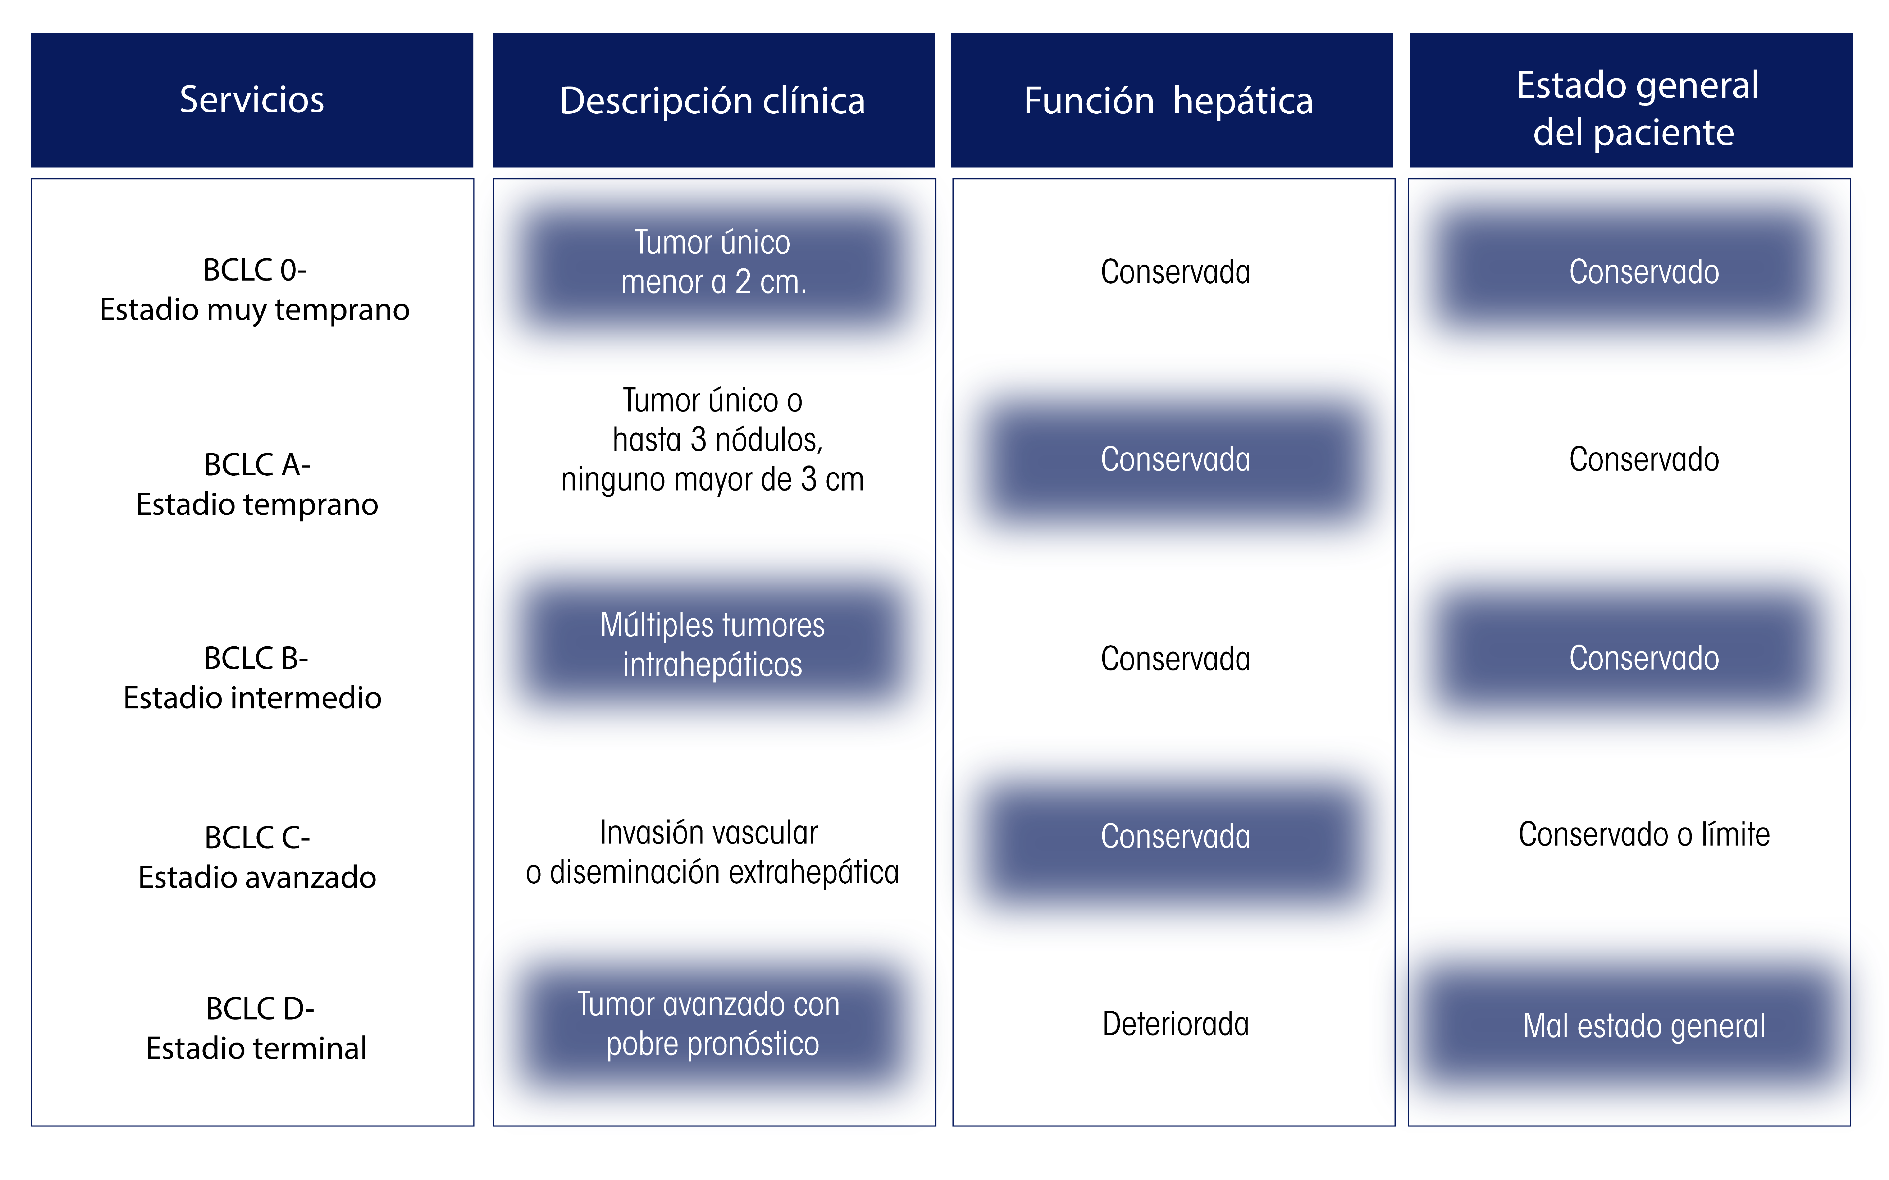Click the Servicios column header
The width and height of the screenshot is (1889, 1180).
tap(252, 100)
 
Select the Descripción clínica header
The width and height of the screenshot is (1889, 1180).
tap(713, 100)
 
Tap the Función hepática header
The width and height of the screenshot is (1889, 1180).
tap(1172, 100)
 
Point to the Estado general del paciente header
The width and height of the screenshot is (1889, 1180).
tap(1631, 100)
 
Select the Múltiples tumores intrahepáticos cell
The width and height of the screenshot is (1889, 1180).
tap(713, 645)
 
